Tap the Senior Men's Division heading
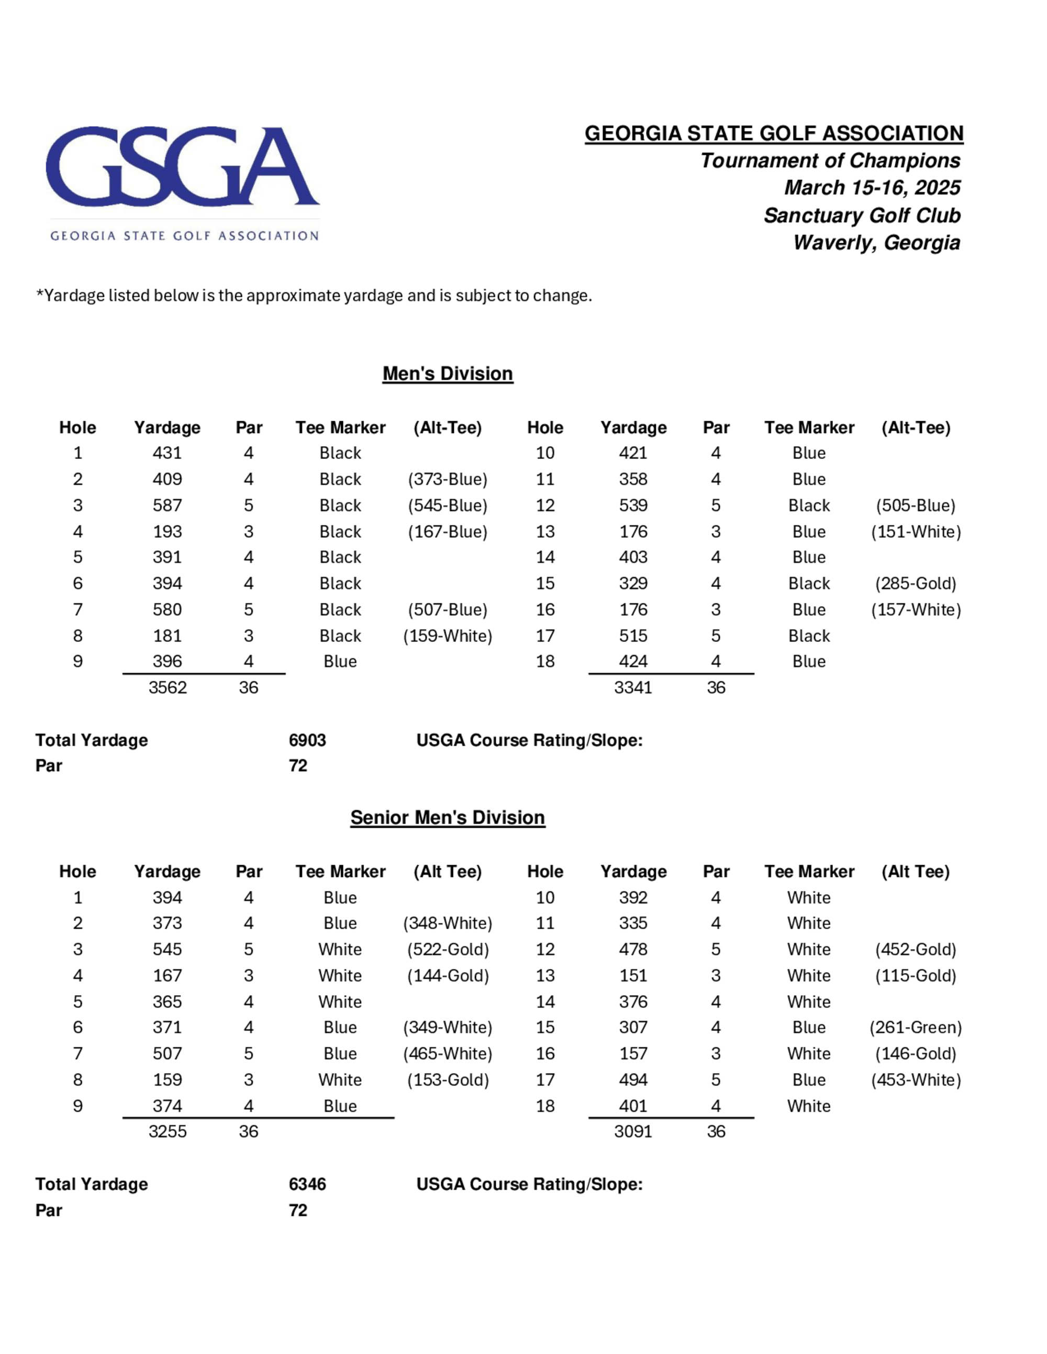pyautogui.click(x=447, y=818)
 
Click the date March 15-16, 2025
pyautogui.click(x=872, y=187)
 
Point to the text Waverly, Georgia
pyautogui.click(x=876, y=242)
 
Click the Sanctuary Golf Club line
pyautogui.click(x=862, y=215)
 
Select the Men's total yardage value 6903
pyautogui.click(x=307, y=740)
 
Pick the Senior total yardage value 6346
pyautogui.click(x=307, y=1184)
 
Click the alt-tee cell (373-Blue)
pyautogui.click(x=447, y=479)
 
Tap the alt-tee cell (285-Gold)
pyautogui.click(x=916, y=583)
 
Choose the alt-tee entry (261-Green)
pyautogui.click(x=916, y=1028)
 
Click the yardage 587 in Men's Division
pyautogui.click(x=168, y=505)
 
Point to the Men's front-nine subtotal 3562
pyautogui.click(x=168, y=687)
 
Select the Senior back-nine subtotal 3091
pyautogui.click(x=633, y=1132)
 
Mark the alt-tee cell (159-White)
pyautogui.click(x=447, y=636)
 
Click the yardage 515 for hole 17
pyautogui.click(x=633, y=636)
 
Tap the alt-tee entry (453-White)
pyautogui.click(x=916, y=1080)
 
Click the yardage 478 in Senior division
pyautogui.click(x=633, y=949)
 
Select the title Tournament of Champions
pyautogui.click(x=830, y=161)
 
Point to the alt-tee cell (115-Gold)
pyautogui.click(x=916, y=976)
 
